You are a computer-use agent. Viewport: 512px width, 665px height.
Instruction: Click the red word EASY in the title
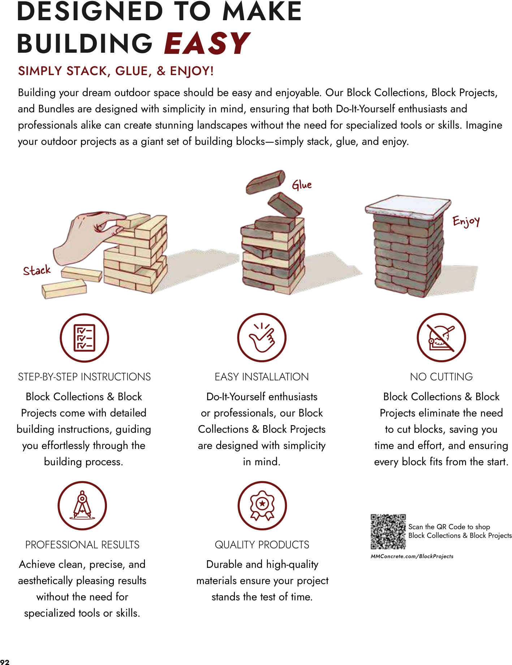point(207,44)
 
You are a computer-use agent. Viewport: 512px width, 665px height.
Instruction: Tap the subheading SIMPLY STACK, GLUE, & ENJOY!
point(116,71)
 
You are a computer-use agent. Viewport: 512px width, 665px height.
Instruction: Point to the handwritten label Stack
point(36,270)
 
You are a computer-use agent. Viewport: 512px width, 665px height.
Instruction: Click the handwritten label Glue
point(301,185)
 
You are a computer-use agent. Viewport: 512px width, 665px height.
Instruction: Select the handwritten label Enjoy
point(466,221)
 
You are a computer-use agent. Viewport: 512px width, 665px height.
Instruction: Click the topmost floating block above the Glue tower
point(266,182)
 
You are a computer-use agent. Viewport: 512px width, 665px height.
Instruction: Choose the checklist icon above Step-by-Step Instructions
point(84,338)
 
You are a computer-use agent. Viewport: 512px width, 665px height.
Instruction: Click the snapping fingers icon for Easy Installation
point(262,338)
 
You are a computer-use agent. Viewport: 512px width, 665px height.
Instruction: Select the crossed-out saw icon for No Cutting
point(441,338)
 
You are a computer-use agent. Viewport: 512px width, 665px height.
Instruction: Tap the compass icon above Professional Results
point(82,505)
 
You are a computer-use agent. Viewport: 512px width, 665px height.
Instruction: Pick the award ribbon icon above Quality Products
point(262,505)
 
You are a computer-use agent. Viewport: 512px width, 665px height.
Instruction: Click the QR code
point(388,531)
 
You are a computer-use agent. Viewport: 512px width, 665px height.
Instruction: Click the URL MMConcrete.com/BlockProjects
point(412,556)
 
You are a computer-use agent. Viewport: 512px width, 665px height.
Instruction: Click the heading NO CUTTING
point(441,377)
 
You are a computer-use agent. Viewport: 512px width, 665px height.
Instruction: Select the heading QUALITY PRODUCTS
point(262,545)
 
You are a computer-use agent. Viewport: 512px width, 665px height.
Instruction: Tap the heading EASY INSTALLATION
point(262,377)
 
